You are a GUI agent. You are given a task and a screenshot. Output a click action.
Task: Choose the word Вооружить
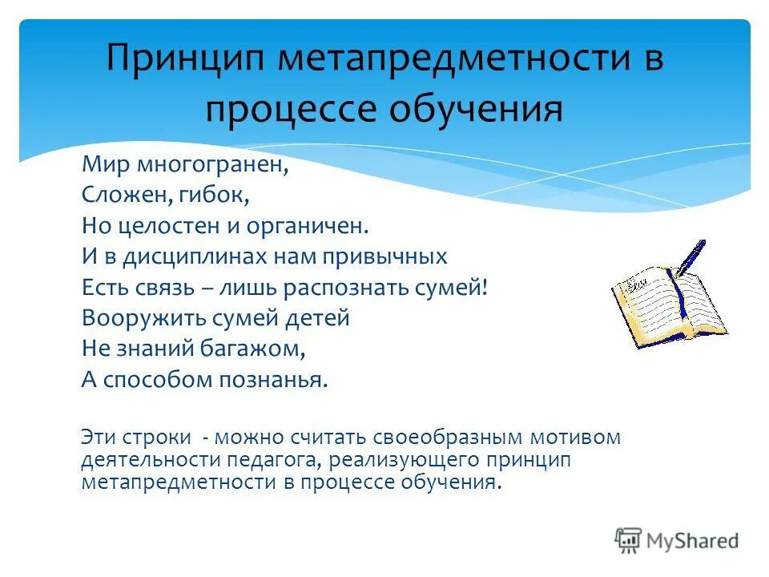pyautogui.click(x=143, y=318)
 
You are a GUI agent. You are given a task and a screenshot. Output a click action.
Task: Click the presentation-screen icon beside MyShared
pyautogui.click(x=628, y=540)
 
